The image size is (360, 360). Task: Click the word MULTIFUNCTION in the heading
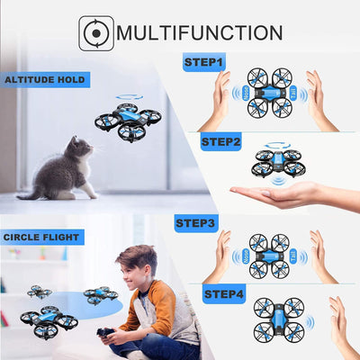(x=200, y=33)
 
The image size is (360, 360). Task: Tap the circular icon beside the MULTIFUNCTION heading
(x=96, y=33)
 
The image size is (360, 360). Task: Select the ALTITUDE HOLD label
(x=45, y=80)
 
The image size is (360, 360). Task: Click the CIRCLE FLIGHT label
(x=42, y=238)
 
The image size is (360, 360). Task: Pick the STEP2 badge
(x=221, y=141)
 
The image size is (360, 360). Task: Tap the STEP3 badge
(x=195, y=222)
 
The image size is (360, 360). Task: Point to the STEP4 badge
(x=224, y=294)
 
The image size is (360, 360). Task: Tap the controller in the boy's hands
(x=108, y=336)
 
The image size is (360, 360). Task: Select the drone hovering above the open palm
(x=276, y=159)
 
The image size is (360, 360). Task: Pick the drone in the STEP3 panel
(x=269, y=256)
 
